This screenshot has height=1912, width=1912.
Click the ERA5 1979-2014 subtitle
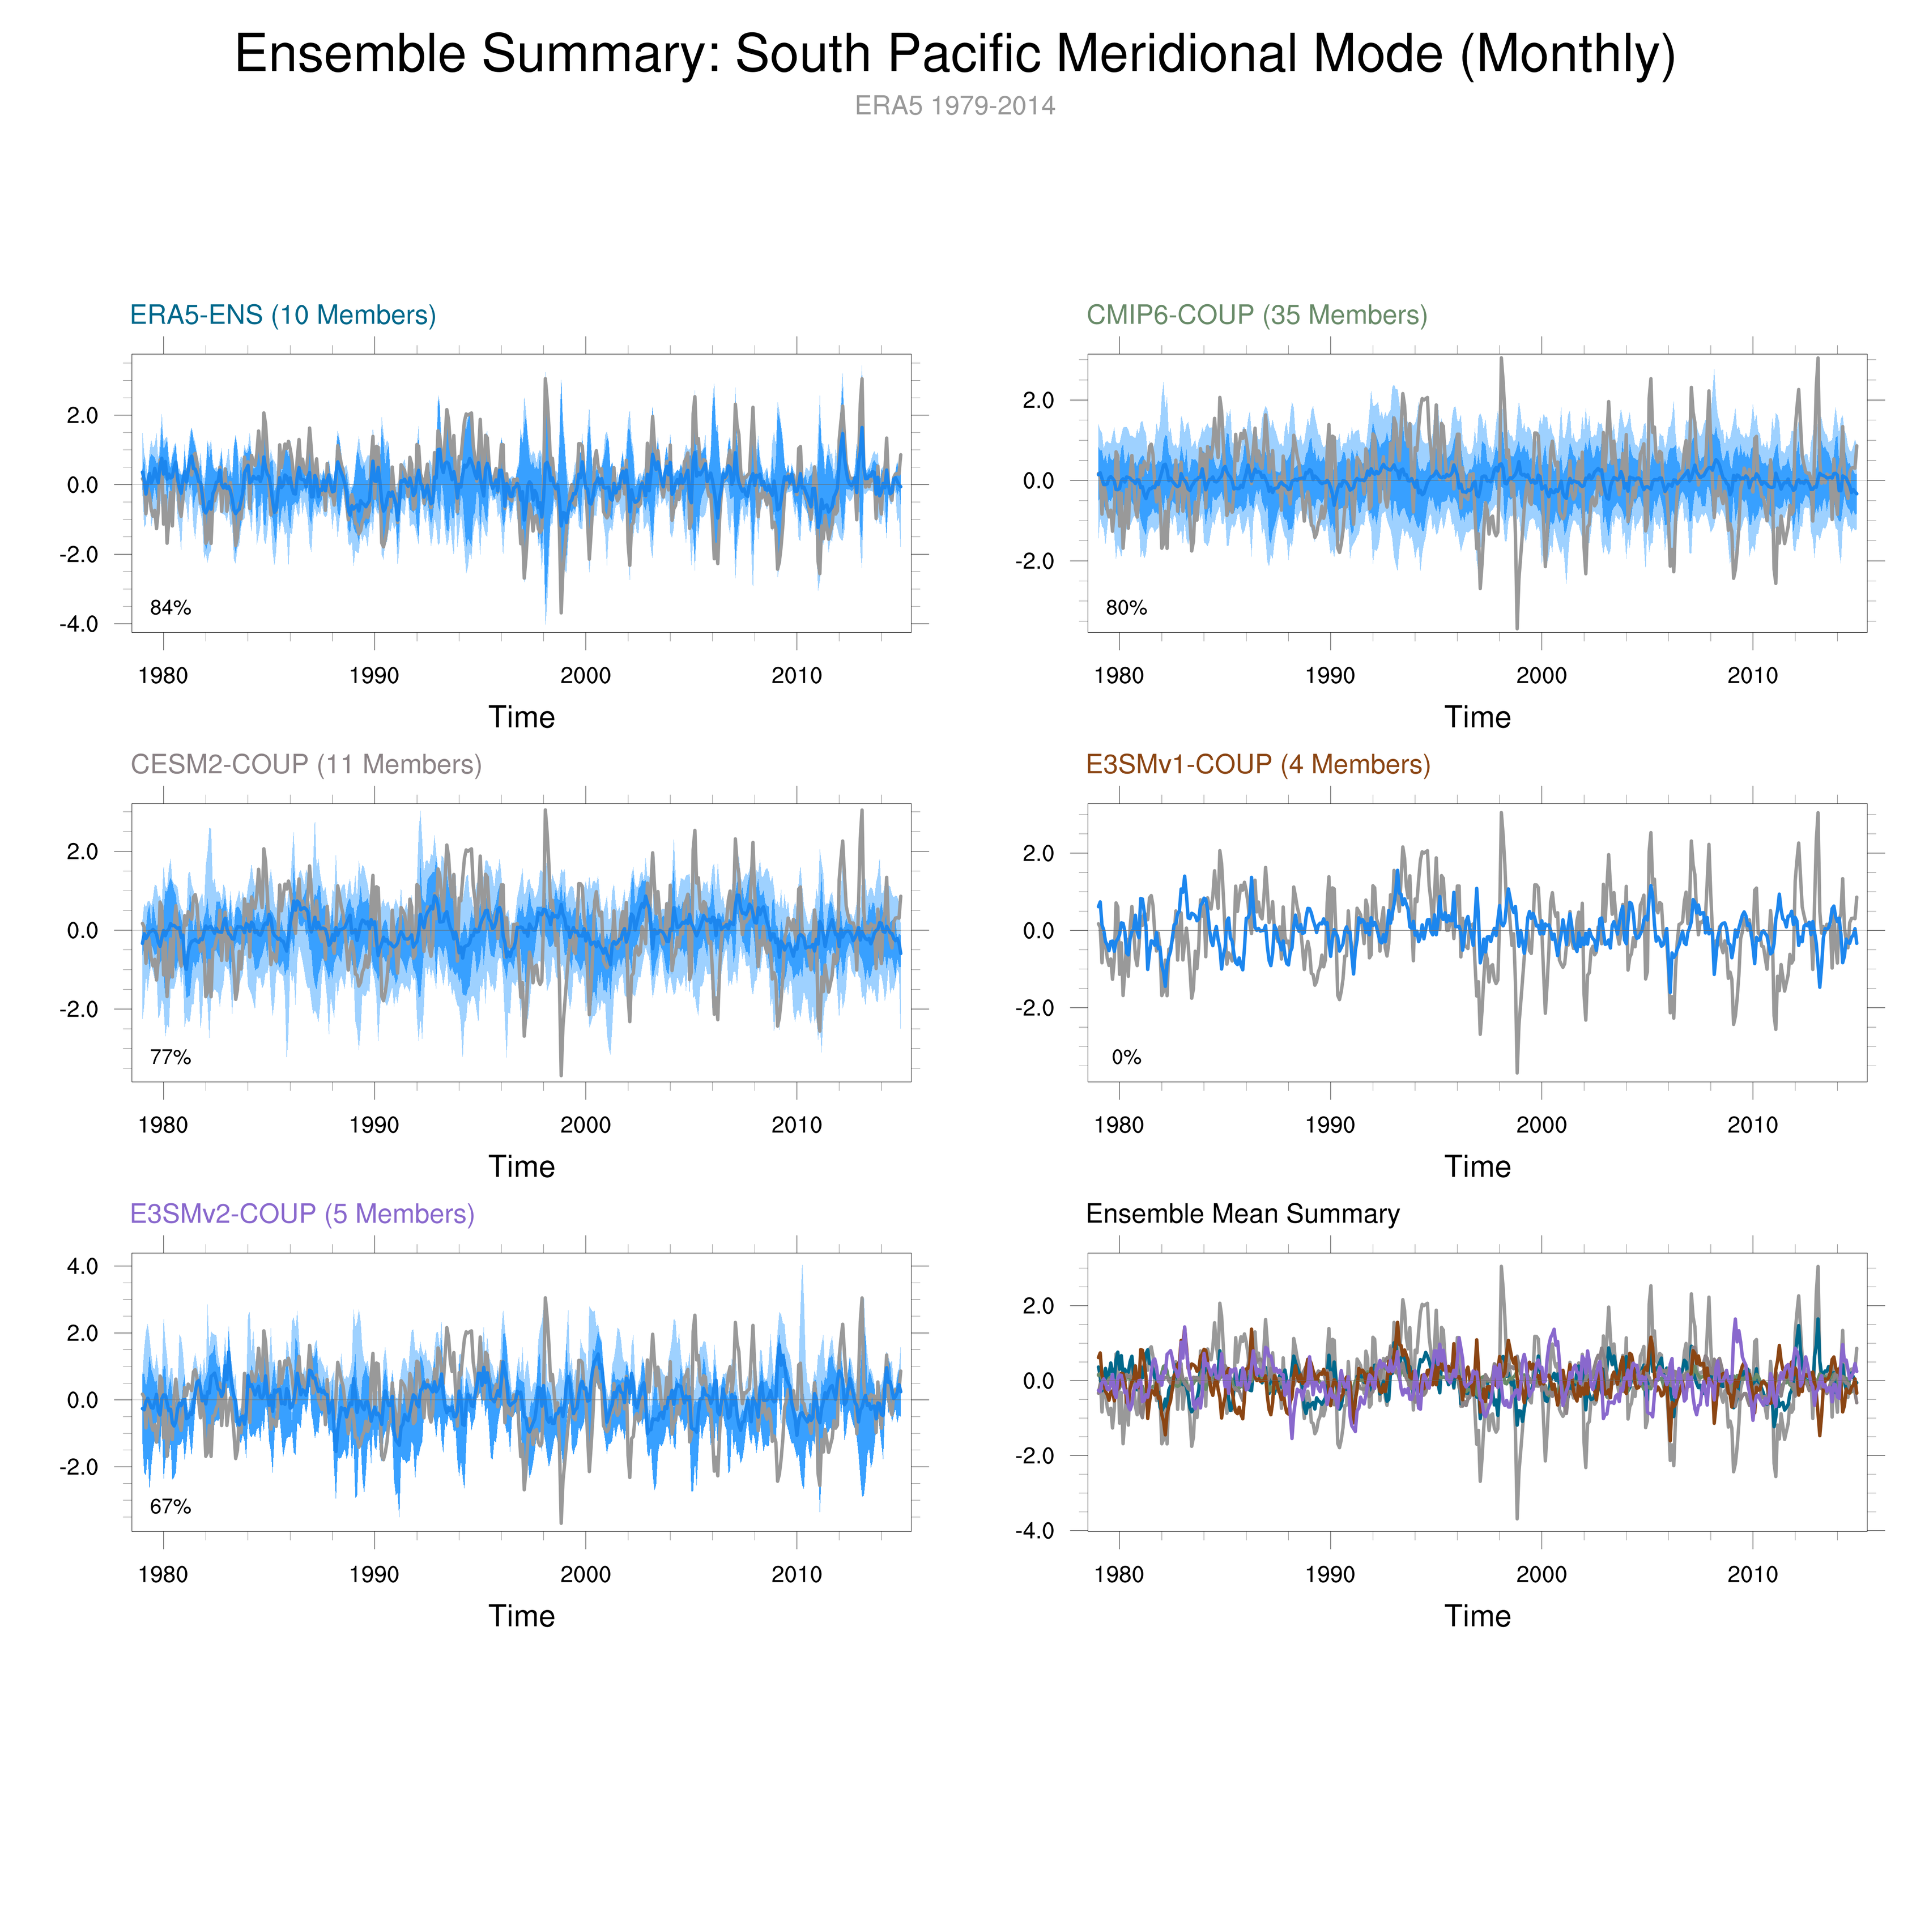tap(955, 106)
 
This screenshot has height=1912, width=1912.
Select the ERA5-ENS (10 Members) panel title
tap(283, 315)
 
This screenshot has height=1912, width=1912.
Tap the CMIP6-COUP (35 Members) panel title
tap(1257, 315)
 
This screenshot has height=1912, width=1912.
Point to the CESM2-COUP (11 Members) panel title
tap(306, 764)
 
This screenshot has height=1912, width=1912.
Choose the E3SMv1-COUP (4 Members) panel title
tap(1258, 764)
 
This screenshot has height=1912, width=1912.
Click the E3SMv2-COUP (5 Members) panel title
tap(302, 1213)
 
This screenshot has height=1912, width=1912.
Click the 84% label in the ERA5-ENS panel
tap(170, 608)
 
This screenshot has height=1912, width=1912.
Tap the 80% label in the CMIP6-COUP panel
tap(1126, 608)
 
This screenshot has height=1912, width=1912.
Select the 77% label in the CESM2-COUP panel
tap(170, 1057)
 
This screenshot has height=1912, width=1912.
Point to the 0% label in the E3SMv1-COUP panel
tap(1126, 1057)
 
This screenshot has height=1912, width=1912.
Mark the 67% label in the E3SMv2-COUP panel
tap(170, 1506)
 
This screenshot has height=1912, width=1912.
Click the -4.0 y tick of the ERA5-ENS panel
tap(79, 624)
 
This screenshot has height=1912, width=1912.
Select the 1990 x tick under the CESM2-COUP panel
tap(374, 1125)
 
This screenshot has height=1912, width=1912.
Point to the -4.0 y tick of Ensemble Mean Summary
tap(1035, 1531)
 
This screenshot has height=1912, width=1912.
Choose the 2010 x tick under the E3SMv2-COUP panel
tap(797, 1574)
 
